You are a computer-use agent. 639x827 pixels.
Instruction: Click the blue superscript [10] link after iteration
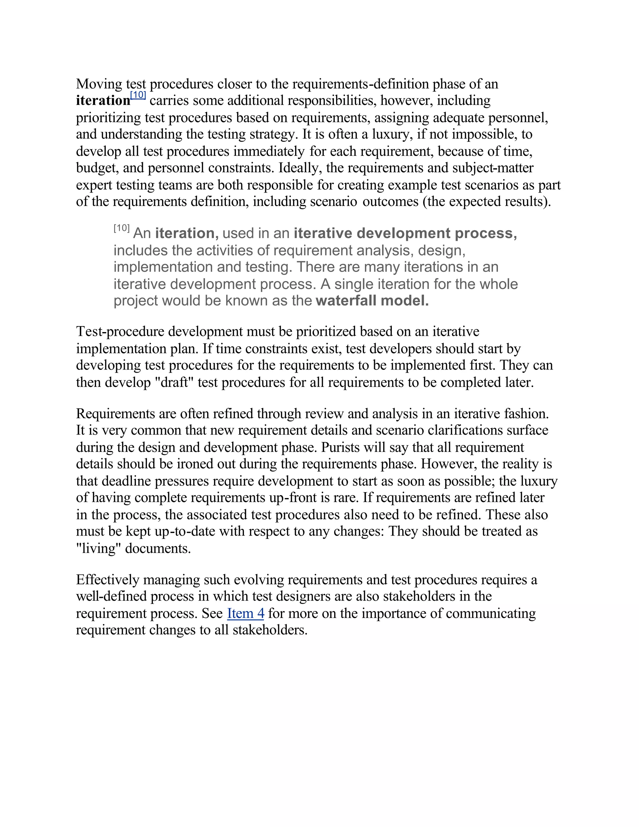tap(138, 95)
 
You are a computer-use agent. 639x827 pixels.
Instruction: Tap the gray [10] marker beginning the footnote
tap(121, 228)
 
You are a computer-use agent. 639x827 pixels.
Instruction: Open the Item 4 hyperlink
tap(245, 614)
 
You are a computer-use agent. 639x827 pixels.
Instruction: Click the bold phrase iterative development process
tap(405, 233)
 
